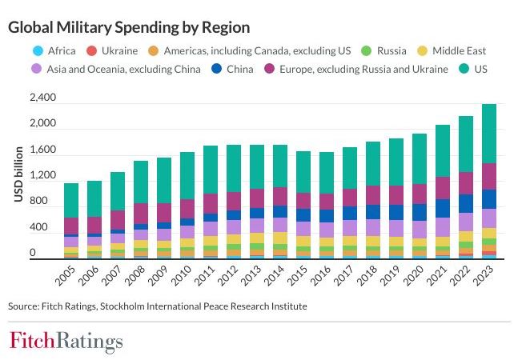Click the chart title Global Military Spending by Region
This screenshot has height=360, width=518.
(129, 27)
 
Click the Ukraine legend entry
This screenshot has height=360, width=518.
(113, 50)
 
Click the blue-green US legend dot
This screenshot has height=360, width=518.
(463, 69)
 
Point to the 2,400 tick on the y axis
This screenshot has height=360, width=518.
(42, 98)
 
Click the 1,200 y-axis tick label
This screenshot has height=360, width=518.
(42, 176)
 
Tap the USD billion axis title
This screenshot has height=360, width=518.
(18, 175)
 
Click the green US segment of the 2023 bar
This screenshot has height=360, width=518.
(484, 133)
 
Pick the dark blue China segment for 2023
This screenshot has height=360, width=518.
(484, 198)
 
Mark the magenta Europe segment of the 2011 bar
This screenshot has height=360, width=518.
(211, 203)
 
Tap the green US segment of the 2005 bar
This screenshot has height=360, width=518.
(71, 200)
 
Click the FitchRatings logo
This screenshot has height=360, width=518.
(66, 341)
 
